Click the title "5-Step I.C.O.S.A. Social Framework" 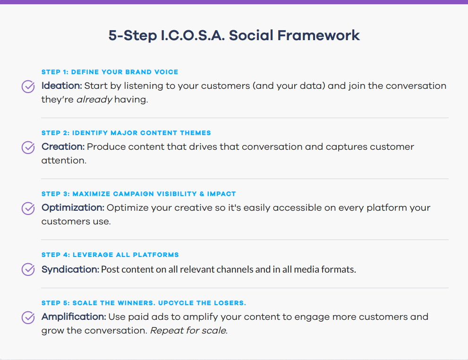tap(234, 35)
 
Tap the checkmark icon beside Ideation tap(28, 86)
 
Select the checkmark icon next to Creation tap(28, 147)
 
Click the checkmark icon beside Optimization tap(28, 208)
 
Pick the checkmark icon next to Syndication tap(28, 269)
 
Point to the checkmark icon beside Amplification tap(28, 317)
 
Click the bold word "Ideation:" tap(62, 86)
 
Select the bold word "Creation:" tap(63, 147)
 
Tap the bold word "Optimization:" tap(73, 208)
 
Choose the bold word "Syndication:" tap(70, 269)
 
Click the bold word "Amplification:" tap(74, 317)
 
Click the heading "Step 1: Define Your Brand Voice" tap(110, 72)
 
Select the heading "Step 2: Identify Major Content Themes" tap(126, 133)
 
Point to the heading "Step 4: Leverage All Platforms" tap(110, 255)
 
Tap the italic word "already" tap(94, 100)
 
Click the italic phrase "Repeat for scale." tap(189, 331)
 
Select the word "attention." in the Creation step tap(64, 161)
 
